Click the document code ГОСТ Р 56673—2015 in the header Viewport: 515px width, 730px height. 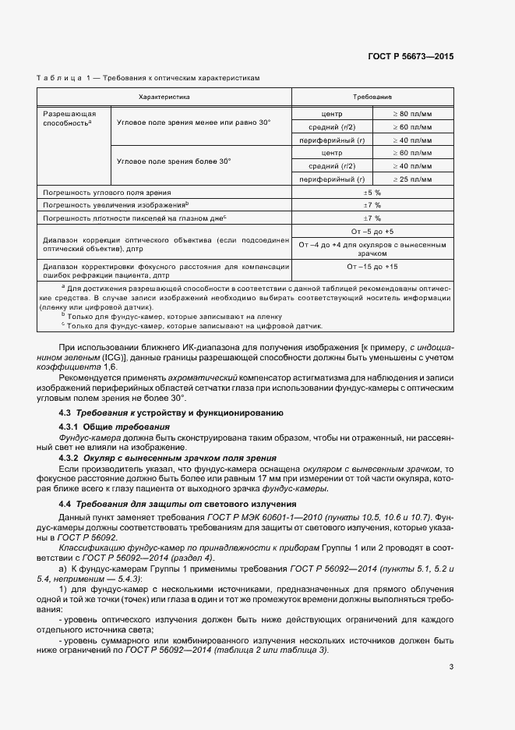coord(411,57)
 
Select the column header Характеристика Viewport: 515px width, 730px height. coord(164,97)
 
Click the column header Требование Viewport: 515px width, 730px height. coord(372,97)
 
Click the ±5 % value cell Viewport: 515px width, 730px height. coord(372,192)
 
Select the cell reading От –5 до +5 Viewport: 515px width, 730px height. coord(372,232)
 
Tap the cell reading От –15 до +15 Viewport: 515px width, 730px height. coord(372,267)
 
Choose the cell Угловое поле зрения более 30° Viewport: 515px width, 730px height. coord(174,161)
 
